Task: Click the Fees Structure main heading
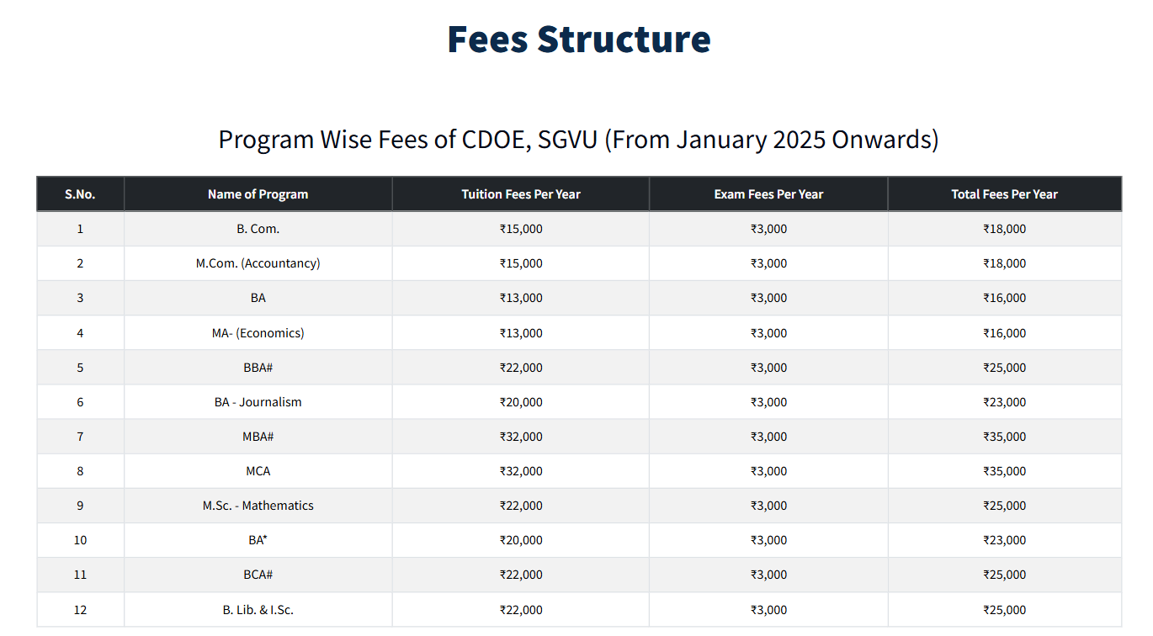[x=578, y=40]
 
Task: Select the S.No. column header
[x=80, y=194]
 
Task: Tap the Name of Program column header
[x=258, y=194]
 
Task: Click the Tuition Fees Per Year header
[x=521, y=194]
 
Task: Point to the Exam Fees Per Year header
[x=768, y=194]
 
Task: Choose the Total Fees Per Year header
[x=1004, y=194]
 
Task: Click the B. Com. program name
[x=258, y=229]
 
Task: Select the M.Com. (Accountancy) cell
[x=258, y=263]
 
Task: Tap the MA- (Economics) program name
[x=258, y=333]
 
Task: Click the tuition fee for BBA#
[x=521, y=368]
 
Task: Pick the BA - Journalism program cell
[x=258, y=402]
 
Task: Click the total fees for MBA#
[x=1004, y=437]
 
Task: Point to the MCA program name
[x=258, y=471]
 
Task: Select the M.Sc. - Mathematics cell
[x=258, y=506]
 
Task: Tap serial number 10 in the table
[x=80, y=540]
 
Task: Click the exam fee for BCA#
[x=768, y=575]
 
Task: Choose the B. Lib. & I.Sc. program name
[x=258, y=610]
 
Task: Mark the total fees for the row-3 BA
[x=1004, y=298]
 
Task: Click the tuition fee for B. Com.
[x=521, y=229]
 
